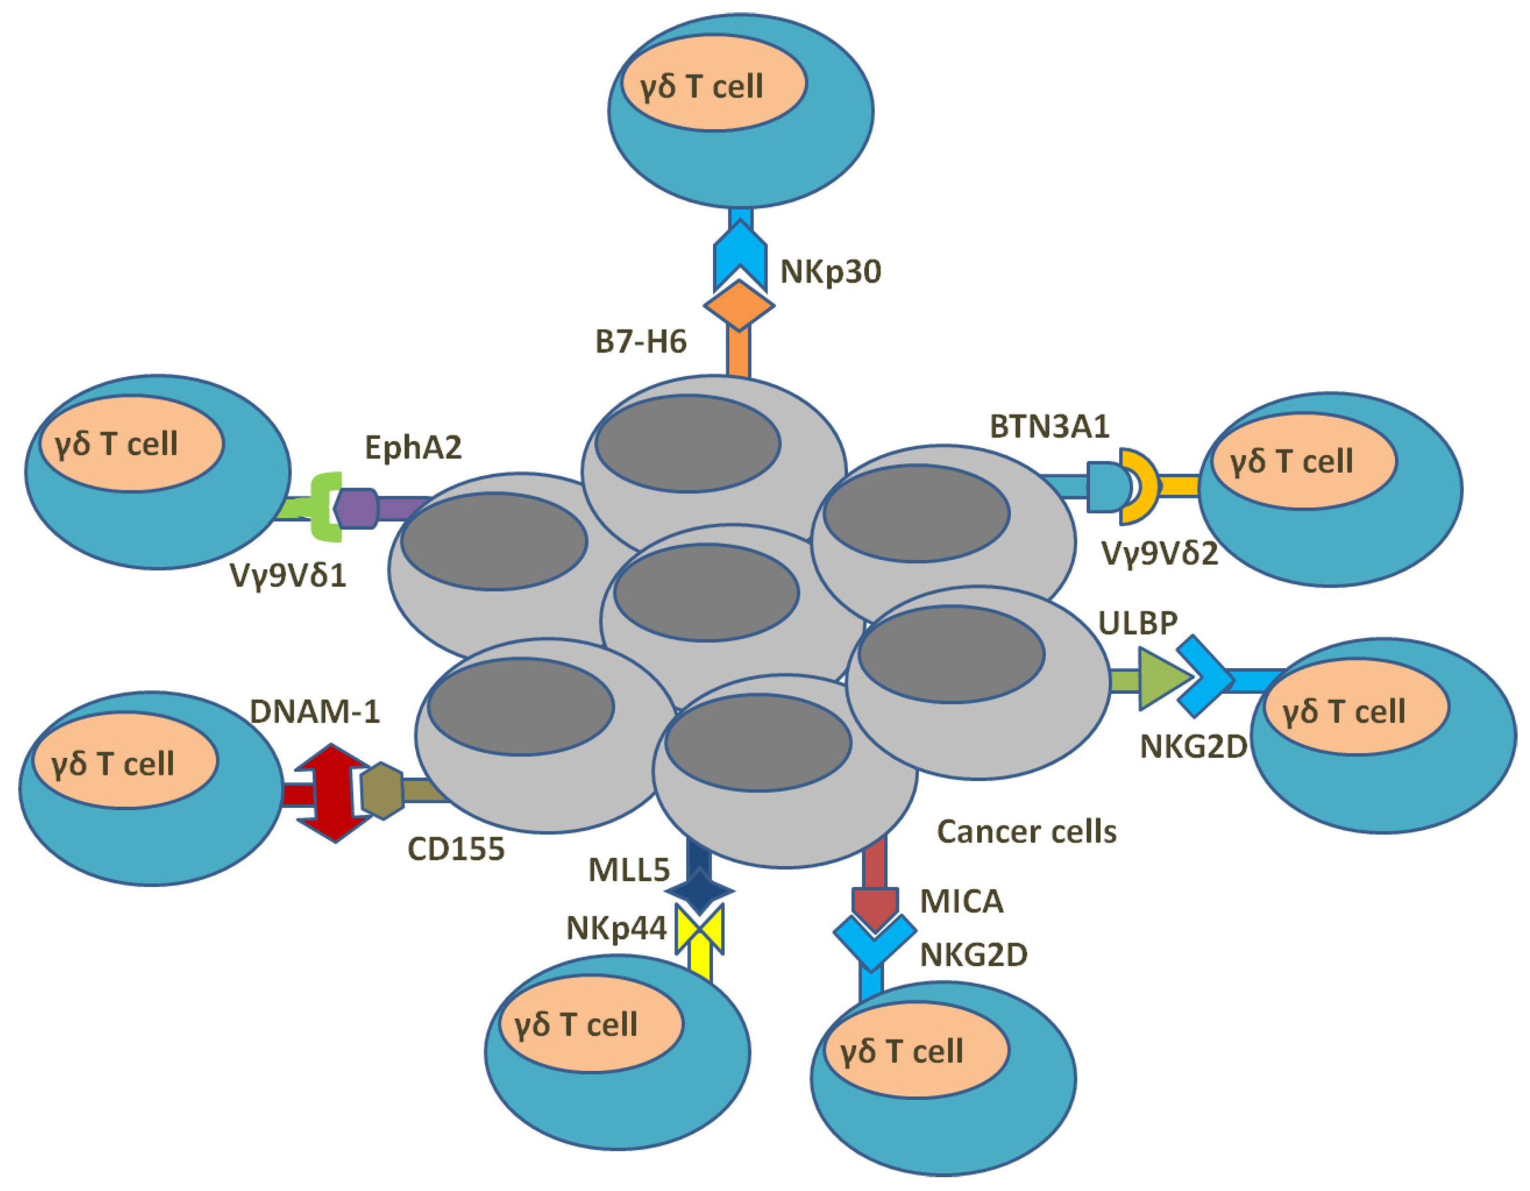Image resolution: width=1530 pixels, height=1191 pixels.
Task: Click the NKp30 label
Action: pyautogui.click(x=830, y=272)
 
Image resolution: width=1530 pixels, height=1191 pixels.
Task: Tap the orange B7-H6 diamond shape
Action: pyautogui.click(x=739, y=305)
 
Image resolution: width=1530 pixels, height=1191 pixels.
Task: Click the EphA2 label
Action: pyautogui.click(x=413, y=447)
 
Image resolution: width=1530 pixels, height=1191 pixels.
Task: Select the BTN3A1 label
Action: pyautogui.click(x=1050, y=426)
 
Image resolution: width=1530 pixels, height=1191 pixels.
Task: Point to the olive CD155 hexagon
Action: pyautogui.click(x=382, y=791)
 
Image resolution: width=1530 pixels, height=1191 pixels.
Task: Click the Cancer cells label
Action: pyautogui.click(x=1026, y=832)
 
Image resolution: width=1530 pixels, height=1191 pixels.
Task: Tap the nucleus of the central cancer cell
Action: pyautogui.click(x=706, y=592)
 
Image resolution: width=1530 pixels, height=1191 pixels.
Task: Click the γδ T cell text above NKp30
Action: pyautogui.click(x=701, y=87)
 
